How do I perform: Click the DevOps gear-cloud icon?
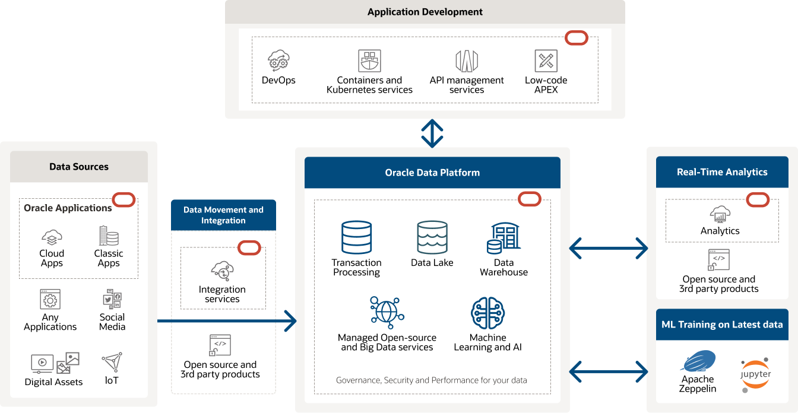point(278,61)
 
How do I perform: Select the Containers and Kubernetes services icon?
point(369,61)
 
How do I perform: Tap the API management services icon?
point(467,61)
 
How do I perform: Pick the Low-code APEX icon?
point(546,61)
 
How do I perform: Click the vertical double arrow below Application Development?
point(432,134)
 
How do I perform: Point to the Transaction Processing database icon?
point(357,237)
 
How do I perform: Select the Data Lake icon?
point(432,237)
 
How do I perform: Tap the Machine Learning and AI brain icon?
point(487,313)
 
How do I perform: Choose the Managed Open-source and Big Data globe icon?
point(387,312)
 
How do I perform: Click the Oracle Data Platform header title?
point(432,173)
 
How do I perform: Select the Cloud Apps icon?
point(52,237)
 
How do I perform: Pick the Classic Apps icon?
point(109,236)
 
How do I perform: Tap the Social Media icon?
point(112,300)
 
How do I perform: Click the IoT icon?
point(112,362)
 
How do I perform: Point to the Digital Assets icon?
point(55,363)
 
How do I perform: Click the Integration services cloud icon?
point(222,271)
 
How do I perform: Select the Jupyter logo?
point(755,374)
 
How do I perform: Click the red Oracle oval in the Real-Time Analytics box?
point(758,200)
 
